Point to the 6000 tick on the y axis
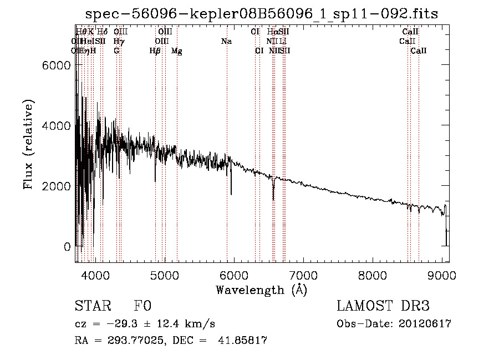tap(57, 65)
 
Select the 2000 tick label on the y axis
tap(57, 186)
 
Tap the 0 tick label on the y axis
tap(67, 247)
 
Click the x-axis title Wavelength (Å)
tap(261, 290)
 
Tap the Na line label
tap(226, 41)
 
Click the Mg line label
tap(176, 51)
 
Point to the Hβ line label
tap(155, 51)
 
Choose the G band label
tap(116, 51)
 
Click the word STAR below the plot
tap(89, 306)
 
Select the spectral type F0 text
tap(142, 306)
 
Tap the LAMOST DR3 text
tap(383, 306)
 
